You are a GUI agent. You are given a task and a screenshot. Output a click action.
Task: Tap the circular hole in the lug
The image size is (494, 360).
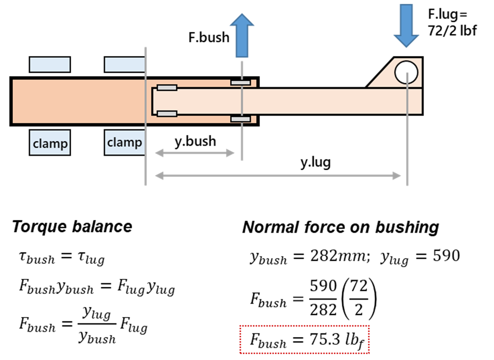407,72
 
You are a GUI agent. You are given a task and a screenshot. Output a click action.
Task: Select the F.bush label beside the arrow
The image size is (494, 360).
209,37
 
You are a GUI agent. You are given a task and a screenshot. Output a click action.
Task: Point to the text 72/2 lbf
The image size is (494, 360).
452,31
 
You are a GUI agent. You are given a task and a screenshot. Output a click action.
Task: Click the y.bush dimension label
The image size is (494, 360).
195,141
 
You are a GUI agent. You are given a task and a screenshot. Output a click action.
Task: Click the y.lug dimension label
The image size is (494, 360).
315,163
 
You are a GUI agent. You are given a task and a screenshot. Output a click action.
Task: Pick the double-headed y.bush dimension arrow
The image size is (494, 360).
195,153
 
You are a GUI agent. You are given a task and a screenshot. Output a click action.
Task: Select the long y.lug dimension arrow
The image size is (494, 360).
278,176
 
